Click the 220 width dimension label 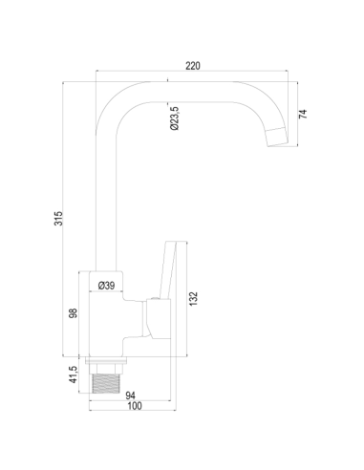tap(193, 66)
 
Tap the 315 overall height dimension tap(58, 219)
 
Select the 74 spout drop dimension tap(303, 114)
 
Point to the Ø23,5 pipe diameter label tap(175, 118)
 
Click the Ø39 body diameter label tap(106, 286)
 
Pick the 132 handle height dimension tap(194, 299)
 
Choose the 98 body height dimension tap(74, 313)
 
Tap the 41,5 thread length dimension tap(74, 374)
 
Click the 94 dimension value tap(130, 395)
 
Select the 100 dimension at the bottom tap(135, 406)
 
